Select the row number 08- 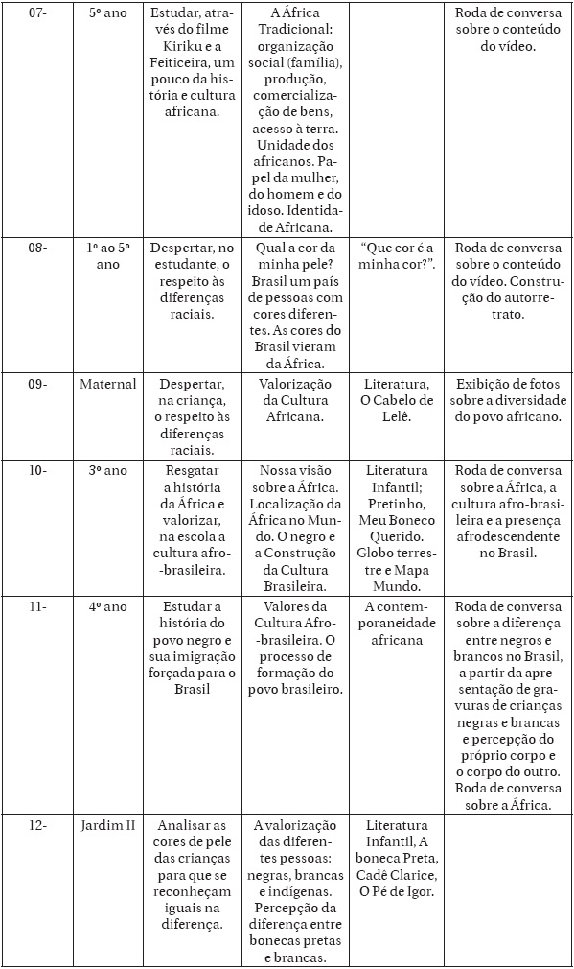click(35, 247)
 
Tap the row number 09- click(35, 384)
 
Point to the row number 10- click(35, 470)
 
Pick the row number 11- click(35, 606)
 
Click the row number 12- click(35, 825)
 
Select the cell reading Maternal click(108, 384)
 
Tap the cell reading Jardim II click(108, 825)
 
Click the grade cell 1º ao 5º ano click(108, 255)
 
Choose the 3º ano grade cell click(108, 470)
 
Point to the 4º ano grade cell click(108, 606)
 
